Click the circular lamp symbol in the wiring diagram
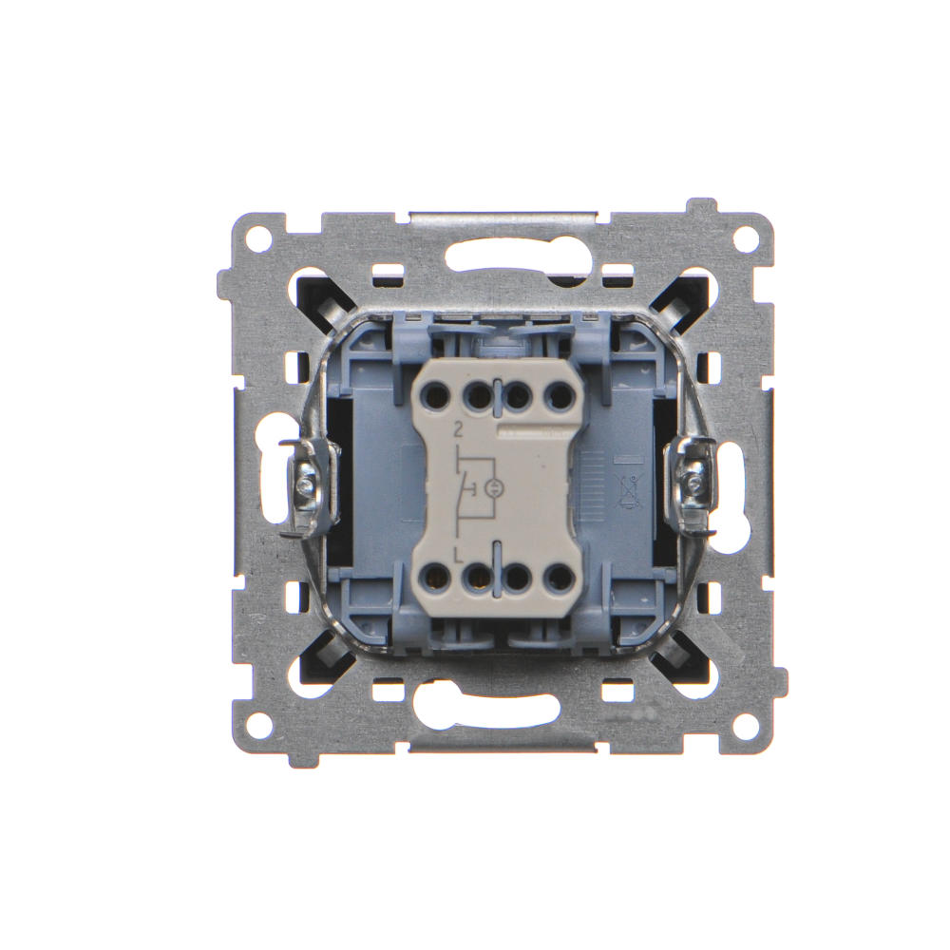492,488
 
